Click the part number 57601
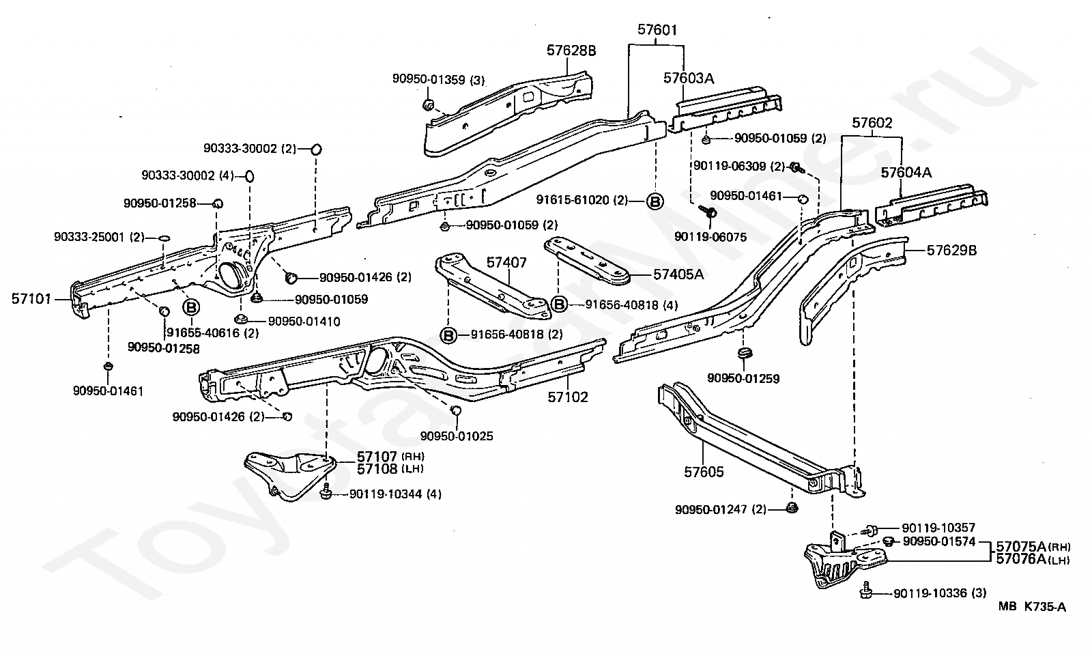[657, 30]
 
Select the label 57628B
[571, 51]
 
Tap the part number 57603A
[689, 78]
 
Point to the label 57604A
[906, 173]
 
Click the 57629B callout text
[951, 251]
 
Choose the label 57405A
[678, 274]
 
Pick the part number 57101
[31, 299]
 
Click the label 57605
[704, 472]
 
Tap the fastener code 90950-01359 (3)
[438, 79]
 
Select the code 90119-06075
[710, 237]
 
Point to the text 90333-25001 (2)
[99, 237]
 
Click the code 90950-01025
[457, 436]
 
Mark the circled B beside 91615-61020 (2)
[655, 201]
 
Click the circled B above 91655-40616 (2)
[191, 307]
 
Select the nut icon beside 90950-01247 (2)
[792, 508]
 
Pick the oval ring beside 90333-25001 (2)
[164, 238]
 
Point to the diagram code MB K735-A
[1031, 607]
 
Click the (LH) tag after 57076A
[1059, 561]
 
